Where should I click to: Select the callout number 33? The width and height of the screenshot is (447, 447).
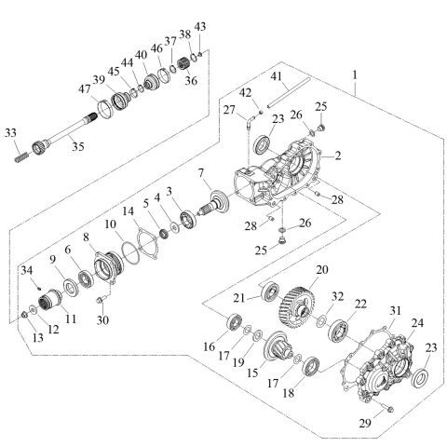coord(12,131)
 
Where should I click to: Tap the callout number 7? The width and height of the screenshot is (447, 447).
coord(199,174)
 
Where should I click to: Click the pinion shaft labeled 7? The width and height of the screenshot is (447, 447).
coord(217,202)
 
